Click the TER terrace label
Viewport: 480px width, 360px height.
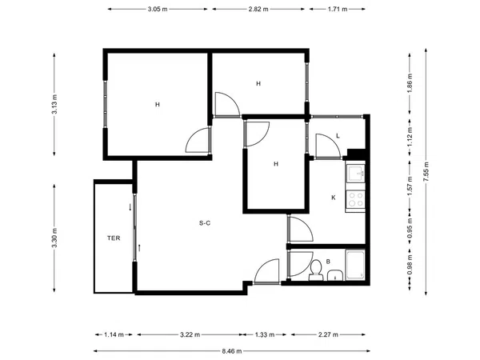pyautogui.click(x=114, y=238)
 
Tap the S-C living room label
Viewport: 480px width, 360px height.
pyautogui.click(x=205, y=223)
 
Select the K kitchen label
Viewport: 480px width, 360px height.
pyautogui.click(x=334, y=198)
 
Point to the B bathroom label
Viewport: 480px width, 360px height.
pyautogui.click(x=328, y=262)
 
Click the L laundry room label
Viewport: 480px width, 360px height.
pyautogui.click(x=338, y=136)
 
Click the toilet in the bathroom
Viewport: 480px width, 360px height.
pyautogui.click(x=316, y=270)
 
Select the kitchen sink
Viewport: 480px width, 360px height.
pyautogui.click(x=355, y=174)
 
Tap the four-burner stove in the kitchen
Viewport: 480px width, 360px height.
pyautogui.click(x=355, y=199)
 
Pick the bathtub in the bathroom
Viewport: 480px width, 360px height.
pyautogui.click(x=355, y=265)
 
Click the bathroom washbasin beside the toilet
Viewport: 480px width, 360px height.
pyautogui.click(x=335, y=275)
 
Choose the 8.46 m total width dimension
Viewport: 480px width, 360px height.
pyautogui.click(x=232, y=351)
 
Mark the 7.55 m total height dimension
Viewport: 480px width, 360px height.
pyautogui.click(x=426, y=172)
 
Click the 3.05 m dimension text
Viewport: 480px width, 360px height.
pyautogui.click(x=158, y=9)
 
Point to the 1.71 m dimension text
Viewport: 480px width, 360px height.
pyautogui.click(x=338, y=9)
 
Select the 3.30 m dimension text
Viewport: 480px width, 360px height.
pyautogui.click(x=54, y=238)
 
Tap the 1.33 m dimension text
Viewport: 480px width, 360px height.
pyautogui.click(x=265, y=334)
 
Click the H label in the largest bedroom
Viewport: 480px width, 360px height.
pyautogui.click(x=158, y=105)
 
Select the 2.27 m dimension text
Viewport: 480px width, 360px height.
pyautogui.click(x=328, y=334)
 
